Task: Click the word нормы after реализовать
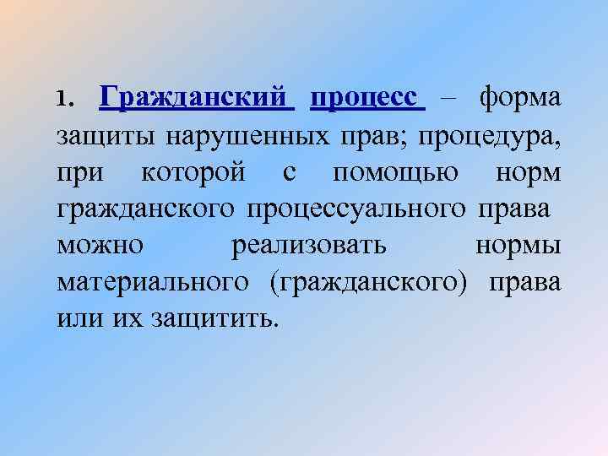(517, 246)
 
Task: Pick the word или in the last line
(78, 319)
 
